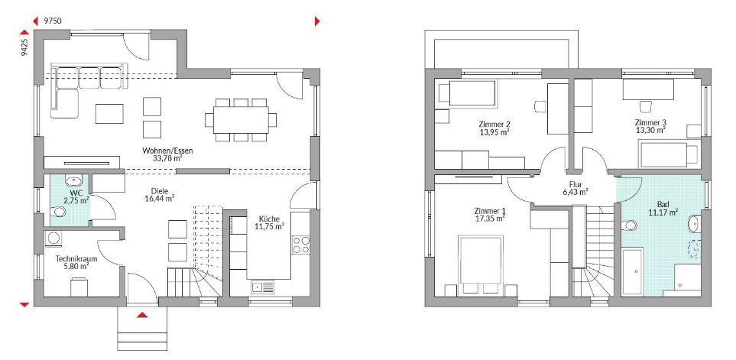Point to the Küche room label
point(270,219)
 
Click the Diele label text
point(160,191)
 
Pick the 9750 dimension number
point(52,21)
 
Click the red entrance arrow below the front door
point(142,315)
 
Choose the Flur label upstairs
point(576,184)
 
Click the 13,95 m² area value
point(494,132)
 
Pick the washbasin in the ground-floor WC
point(73,180)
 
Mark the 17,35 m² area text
point(490,218)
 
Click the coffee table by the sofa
point(109,114)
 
